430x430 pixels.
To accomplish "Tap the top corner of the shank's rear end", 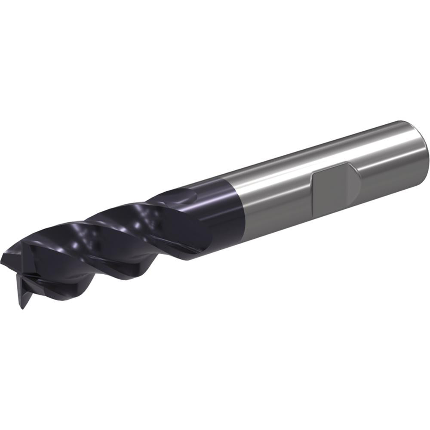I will [x=402, y=121].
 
